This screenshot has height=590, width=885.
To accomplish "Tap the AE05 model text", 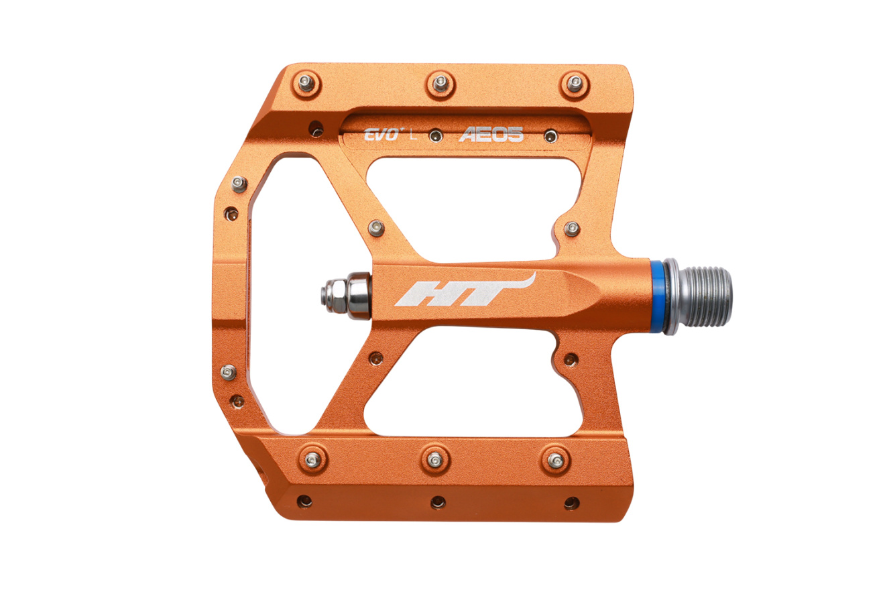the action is (491, 135).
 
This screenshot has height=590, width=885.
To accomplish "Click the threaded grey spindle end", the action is (705, 297).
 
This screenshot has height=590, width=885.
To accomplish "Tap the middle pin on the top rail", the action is (440, 84).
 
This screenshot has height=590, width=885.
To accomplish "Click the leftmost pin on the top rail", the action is (306, 83).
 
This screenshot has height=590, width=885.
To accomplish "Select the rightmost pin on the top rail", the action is (575, 84).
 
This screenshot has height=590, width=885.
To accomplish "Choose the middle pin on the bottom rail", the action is (434, 459).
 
